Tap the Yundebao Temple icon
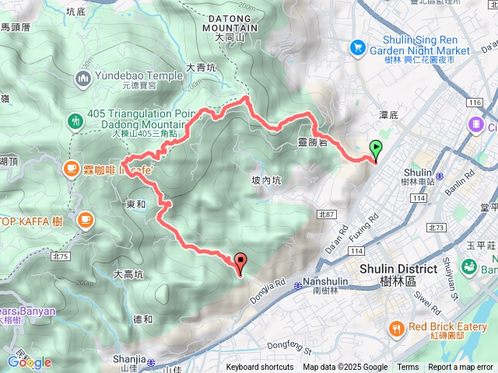tap(83, 78)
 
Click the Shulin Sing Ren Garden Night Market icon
tap(359, 47)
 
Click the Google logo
tap(30, 361)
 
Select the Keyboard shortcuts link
tap(260, 368)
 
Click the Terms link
tap(408, 368)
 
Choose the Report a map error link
tap(461, 368)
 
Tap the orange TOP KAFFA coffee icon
tap(84, 222)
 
